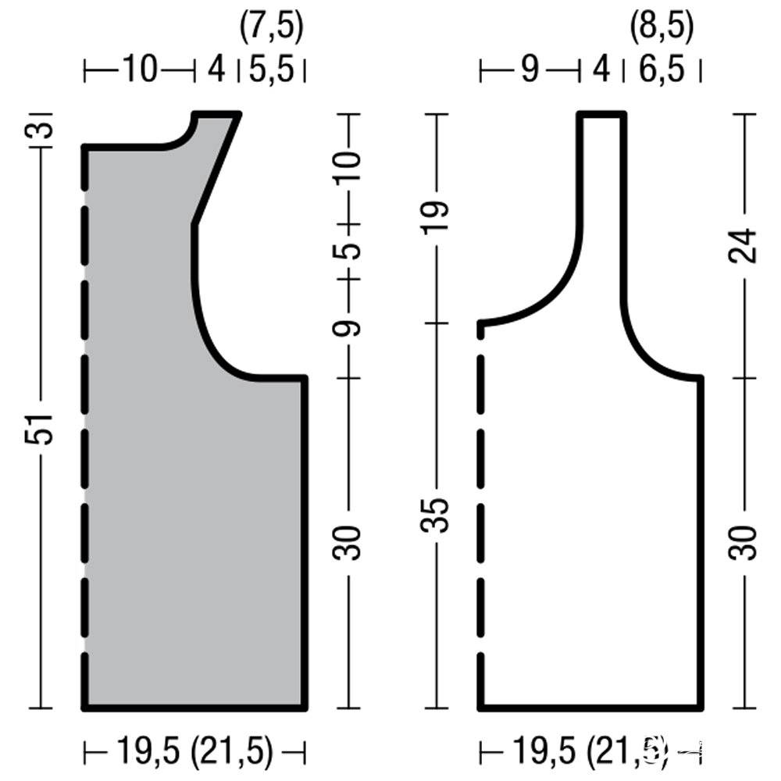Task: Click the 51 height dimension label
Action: pyautogui.click(x=39, y=428)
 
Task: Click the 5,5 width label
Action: pyautogui.click(x=272, y=70)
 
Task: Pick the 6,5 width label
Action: pyautogui.click(x=662, y=70)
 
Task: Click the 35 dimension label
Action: pyautogui.click(x=435, y=515)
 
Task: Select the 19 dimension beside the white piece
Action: pyautogui.click(x=435, y=218)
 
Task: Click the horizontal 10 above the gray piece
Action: pyautogui.click(x=140, y=70)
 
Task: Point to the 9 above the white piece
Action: pyautogui.click(x=530, y=70)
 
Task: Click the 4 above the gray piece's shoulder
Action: pyautogui.click(x=216, y=70)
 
